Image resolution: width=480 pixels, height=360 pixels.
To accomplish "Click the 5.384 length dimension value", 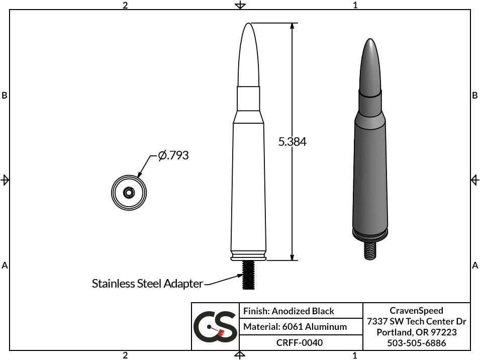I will pos(292,142).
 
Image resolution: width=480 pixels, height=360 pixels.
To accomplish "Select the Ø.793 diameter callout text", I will pos(173,155).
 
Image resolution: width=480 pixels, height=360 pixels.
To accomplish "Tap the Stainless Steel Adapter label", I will pos(147,284).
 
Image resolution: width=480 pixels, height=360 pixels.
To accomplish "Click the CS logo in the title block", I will pos(215,326).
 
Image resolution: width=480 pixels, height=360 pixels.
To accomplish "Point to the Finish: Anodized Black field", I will pos(289,311).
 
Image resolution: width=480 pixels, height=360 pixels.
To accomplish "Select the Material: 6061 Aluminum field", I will pos(295,327).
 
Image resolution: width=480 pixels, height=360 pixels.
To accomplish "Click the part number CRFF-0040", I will pos(300,342).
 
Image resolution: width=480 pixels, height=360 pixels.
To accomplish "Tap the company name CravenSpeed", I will pos(416,311).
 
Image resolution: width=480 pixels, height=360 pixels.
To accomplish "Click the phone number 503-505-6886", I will pos(416,343).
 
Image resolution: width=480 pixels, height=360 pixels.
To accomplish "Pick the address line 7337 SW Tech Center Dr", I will pos(416,321).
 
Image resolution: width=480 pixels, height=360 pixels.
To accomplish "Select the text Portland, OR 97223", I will pos(416,332).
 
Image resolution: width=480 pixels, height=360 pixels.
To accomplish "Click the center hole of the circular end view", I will pos(128,192).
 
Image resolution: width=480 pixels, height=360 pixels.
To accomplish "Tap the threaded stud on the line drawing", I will pos(249,275).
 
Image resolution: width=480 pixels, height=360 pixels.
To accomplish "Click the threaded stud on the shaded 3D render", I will pos(370,249).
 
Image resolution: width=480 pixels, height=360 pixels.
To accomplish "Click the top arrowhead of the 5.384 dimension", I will pos(292,26).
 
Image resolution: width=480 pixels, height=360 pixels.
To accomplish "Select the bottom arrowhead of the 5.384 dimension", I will pos(292,257).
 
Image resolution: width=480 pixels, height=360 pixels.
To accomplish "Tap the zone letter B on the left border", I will pos(5,95).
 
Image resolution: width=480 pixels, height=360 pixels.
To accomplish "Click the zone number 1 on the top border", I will pos(355,5).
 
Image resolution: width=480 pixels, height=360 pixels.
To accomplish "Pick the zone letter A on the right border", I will pos(475,265).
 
